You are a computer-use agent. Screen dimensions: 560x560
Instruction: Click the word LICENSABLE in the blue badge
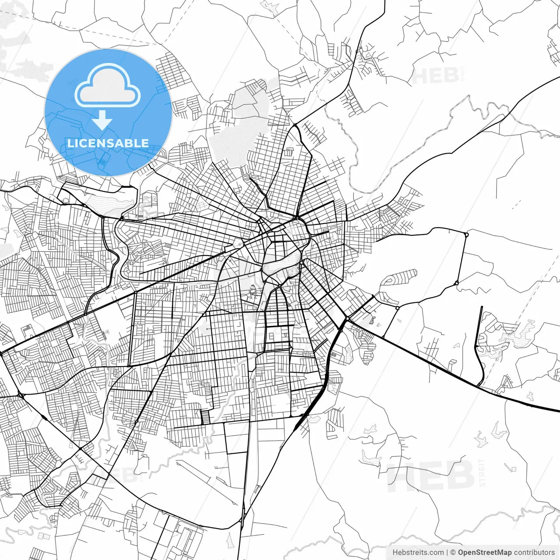point(108,143)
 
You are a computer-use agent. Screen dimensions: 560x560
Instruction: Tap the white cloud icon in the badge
point(108,86)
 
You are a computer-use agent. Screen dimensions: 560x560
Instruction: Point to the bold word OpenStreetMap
point(485,553)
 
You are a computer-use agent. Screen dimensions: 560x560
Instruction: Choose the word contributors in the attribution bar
point(534,553)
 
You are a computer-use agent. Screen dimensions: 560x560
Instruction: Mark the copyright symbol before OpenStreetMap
point(453,553)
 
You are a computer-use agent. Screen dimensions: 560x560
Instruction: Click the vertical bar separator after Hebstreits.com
point(447,553)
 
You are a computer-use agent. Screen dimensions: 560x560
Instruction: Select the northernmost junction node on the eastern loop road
point(466,234)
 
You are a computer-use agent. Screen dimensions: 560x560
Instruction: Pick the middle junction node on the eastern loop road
point(456,283)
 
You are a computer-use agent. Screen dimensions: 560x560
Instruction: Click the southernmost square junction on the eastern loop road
point(397,308)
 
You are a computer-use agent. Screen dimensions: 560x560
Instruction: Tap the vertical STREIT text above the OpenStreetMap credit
point(482,472)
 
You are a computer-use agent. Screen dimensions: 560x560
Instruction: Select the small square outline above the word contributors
point(530,396)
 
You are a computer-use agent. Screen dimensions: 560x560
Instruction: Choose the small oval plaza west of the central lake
point(238,242)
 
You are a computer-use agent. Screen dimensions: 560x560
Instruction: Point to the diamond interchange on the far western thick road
point(20,395)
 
